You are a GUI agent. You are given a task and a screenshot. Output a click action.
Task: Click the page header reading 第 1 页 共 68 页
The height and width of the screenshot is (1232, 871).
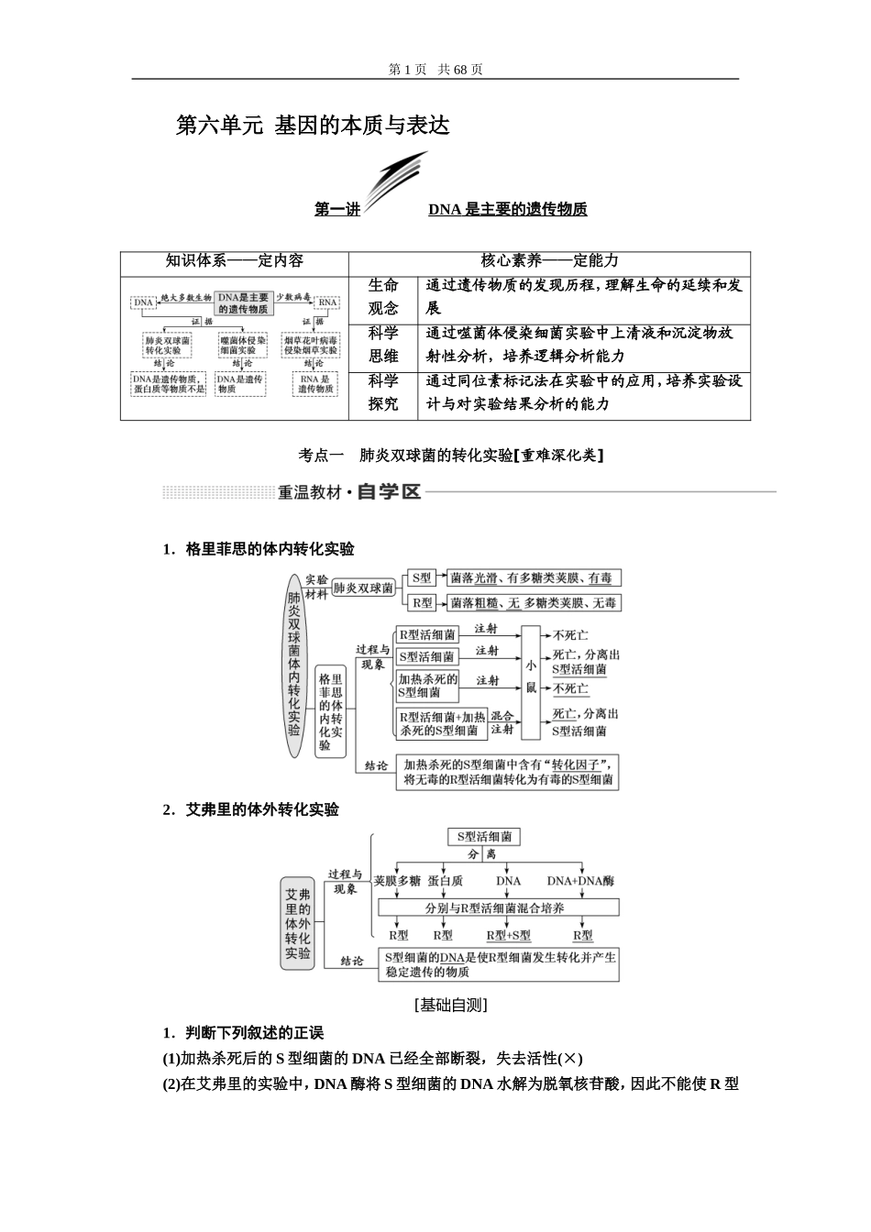tap(435, 69)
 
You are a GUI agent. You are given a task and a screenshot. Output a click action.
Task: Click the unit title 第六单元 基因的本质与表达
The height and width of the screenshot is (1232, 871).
tap(313, 126)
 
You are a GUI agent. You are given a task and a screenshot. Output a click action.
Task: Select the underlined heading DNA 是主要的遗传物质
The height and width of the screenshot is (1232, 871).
tap(507, 209)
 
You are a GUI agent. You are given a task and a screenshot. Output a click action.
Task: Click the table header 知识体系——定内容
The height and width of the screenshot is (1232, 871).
tap(234, 261)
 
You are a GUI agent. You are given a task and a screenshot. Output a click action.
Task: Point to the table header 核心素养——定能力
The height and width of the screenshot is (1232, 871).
tap(549, 261)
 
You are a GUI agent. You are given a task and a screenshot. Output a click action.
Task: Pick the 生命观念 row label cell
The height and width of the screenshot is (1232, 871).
tap(383, 297)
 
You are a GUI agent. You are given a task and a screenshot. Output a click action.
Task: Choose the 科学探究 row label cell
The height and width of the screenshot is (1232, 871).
tap(383, 392)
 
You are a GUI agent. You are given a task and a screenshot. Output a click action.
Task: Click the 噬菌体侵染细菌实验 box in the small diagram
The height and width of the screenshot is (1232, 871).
tap(243, 345)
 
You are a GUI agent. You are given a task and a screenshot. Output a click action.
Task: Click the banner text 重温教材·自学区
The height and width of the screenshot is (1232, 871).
tap(349, 492)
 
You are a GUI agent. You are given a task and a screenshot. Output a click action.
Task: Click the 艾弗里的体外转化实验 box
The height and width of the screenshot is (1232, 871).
tap(297, 924)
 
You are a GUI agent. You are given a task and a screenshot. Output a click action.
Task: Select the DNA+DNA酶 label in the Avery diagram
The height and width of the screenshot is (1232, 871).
tap(580, 881)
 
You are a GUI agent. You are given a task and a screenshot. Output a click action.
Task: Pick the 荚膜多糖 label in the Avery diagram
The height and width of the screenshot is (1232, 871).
tap(396, 881)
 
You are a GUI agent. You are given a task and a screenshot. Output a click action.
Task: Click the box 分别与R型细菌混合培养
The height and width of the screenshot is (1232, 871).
tap(495, 907)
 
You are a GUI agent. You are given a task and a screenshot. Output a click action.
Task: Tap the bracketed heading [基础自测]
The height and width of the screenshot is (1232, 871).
tap(450, 1005)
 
